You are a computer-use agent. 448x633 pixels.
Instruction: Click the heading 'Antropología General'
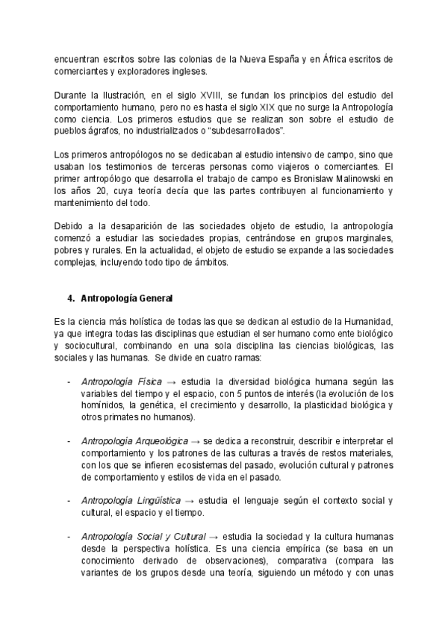coord(125,299)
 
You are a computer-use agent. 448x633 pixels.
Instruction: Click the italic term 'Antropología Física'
coord(122,381)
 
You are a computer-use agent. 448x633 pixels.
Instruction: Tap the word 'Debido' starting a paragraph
coord(72,226)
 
